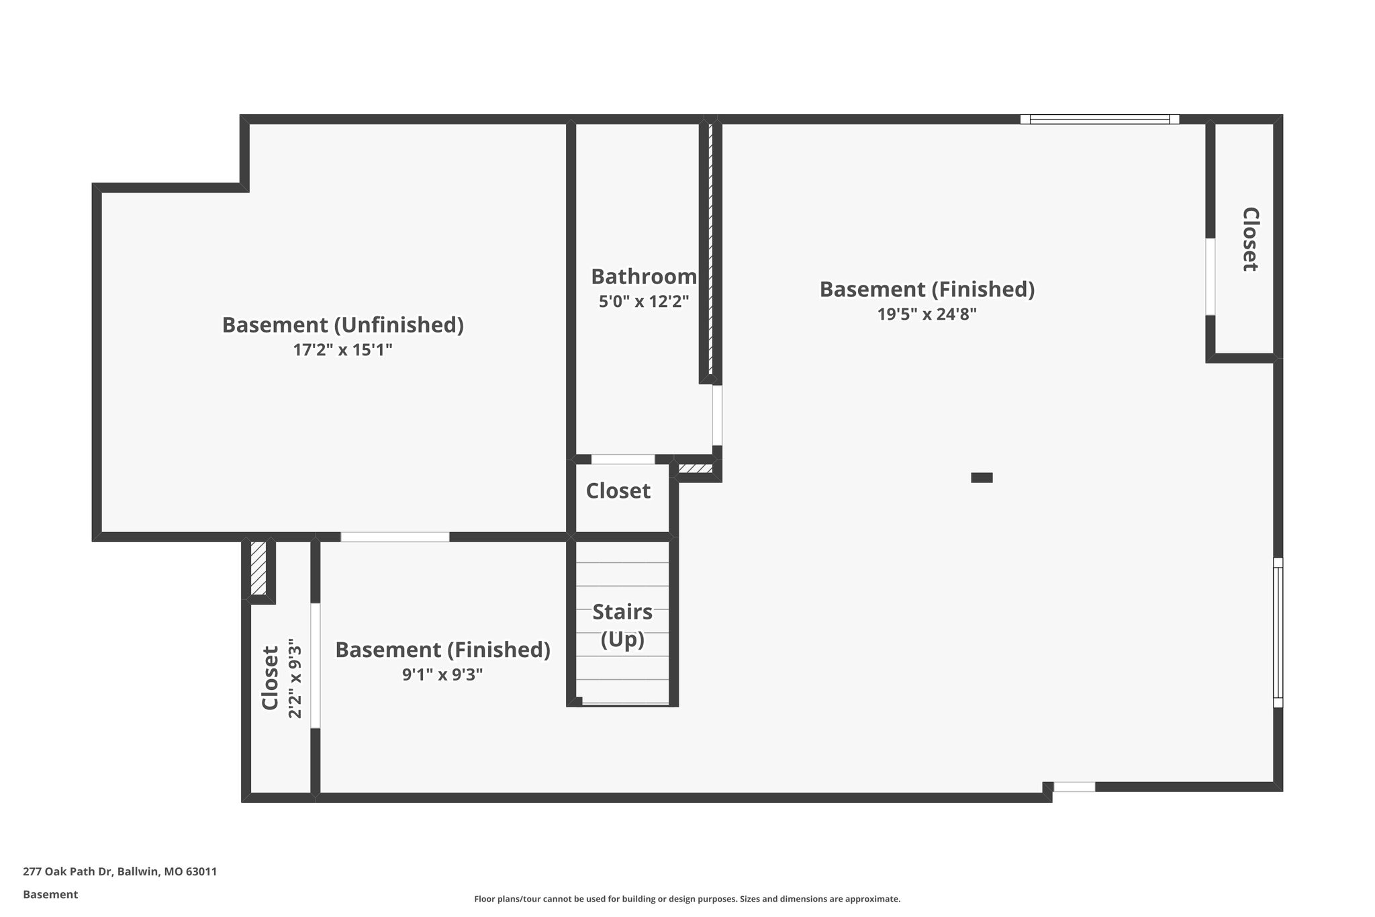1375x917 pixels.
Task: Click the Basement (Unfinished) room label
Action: pos(342,325)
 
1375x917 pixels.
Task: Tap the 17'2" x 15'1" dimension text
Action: pos(342,350)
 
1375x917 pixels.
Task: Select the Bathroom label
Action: pos(643,277)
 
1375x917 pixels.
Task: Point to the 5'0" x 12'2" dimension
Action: pos(644,302)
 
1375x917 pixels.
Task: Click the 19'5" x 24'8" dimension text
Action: pos(927,314)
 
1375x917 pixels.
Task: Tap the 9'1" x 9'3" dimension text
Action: pos(442,674)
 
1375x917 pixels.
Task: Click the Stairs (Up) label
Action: pos(622,625)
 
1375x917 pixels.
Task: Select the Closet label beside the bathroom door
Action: pos(618,491)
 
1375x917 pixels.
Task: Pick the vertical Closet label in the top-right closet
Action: pos(1249,239)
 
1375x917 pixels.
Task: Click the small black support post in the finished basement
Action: pos(982,478)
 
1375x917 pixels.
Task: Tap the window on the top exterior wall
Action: pos(1099,120)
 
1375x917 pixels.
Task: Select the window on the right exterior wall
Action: pos(1278,632)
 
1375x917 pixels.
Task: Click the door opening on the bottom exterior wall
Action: pos(1074,787)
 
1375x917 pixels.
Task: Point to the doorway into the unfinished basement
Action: pos(395,537)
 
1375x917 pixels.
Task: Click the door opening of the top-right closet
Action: pos(1210,276)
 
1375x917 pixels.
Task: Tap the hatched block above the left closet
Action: pos(258,568)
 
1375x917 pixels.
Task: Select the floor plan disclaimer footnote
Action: pos(687,899)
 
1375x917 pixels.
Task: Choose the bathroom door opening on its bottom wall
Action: pos(622,460)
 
